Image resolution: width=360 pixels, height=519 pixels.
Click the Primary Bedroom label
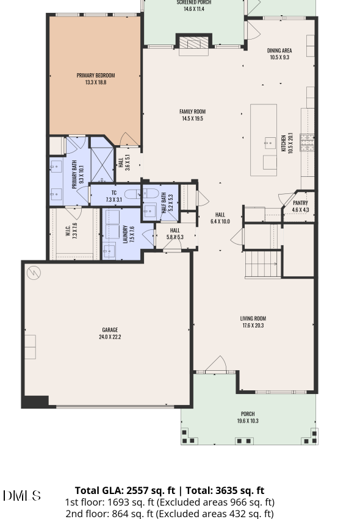click(96, 79)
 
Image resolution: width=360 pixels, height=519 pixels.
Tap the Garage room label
click(110, 333)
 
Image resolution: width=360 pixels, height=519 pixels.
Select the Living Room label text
click(253, 322)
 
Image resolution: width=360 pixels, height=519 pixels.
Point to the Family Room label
click(192, 115)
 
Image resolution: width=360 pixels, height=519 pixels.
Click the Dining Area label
click(279, 54)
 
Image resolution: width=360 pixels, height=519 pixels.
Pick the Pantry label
click(300, 206)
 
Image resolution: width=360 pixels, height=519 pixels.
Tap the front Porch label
click(248, 417)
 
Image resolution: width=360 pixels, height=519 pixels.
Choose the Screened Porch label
click(194, 5)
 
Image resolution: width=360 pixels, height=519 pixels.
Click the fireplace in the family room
click(193, 43)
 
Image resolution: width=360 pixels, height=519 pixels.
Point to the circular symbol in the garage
click(34, 273)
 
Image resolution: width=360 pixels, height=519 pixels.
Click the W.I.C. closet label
click(74, 229)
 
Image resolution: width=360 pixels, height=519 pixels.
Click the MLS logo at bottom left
click(22, 495)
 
